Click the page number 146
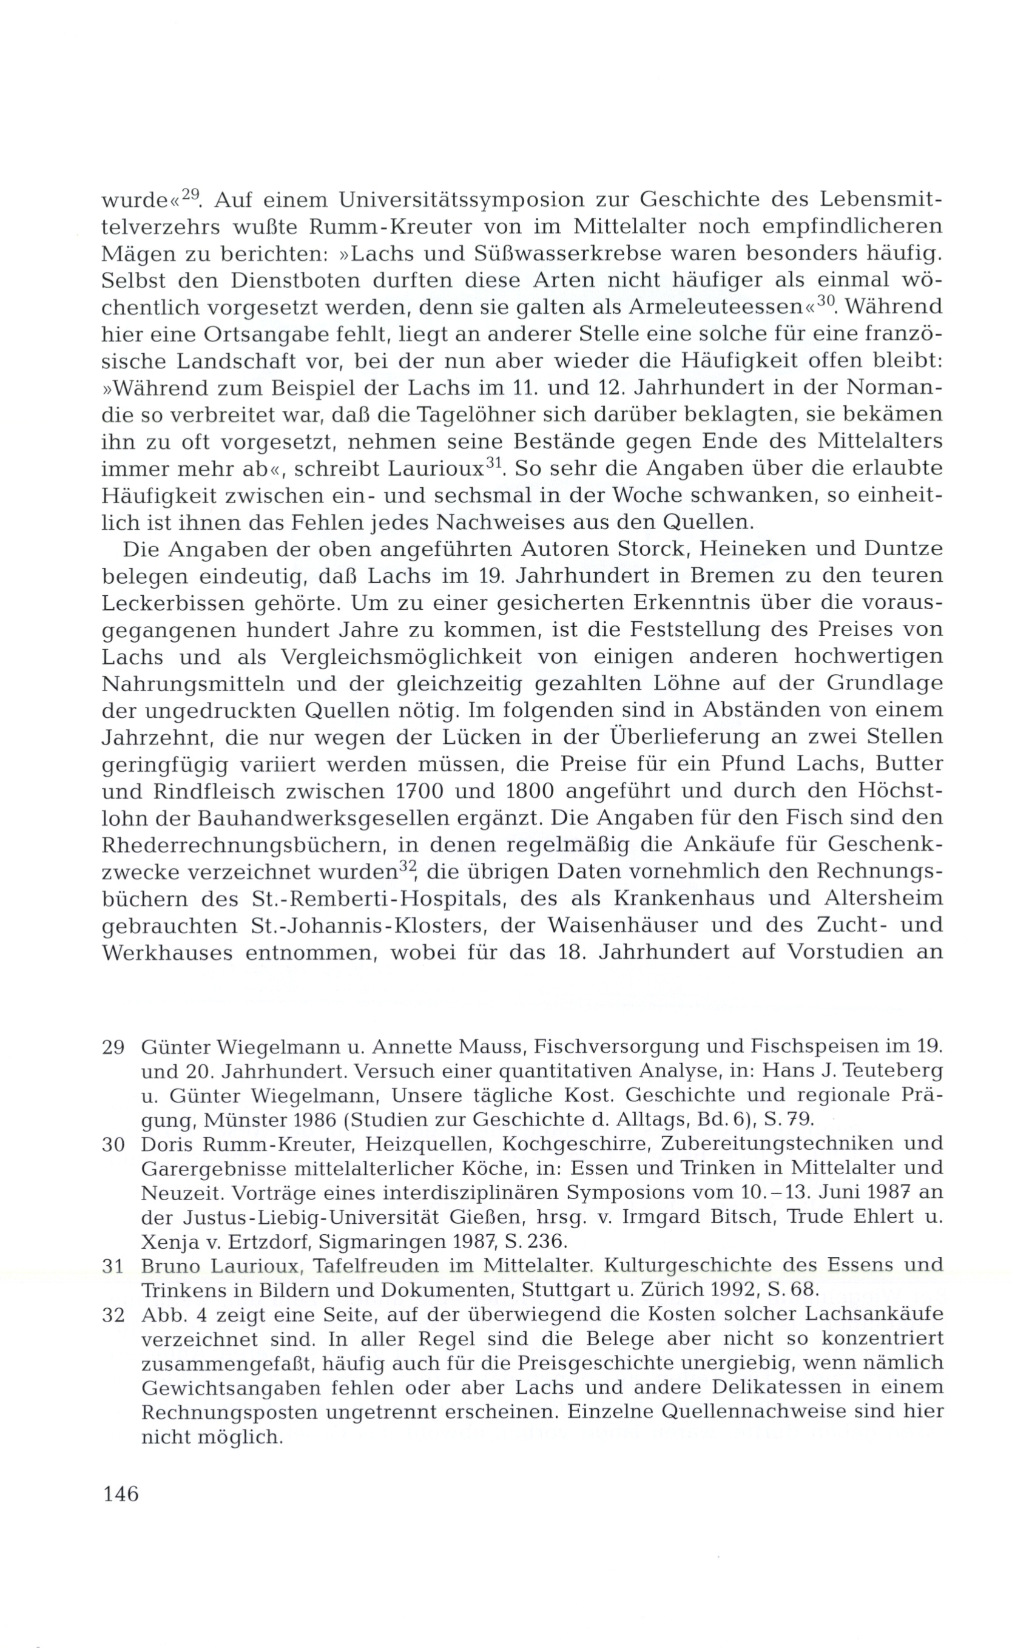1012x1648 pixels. coord(121,1494)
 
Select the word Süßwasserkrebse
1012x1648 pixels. coord(467,254)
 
